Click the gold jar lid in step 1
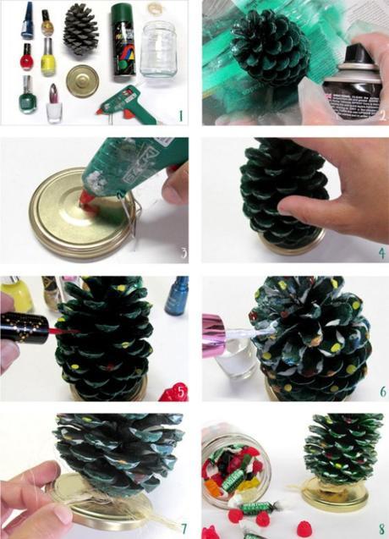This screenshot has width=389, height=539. click(x=82, y=81)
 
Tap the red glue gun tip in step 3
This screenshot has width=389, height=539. click(x=87, y=200)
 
